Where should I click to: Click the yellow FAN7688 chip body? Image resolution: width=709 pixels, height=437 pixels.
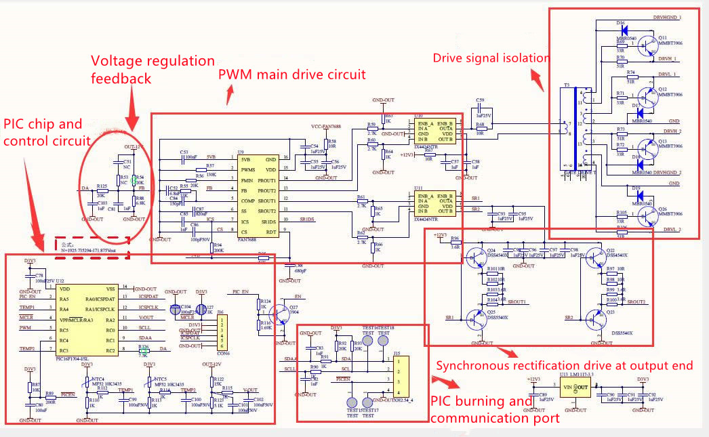[x=258, y=193]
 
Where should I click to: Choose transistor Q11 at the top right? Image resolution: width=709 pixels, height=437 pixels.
[x=643, y=42]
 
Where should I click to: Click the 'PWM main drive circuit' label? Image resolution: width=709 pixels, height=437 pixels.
[x=292, y=74]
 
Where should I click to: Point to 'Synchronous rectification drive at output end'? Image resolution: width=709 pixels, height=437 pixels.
[x=564, y=366]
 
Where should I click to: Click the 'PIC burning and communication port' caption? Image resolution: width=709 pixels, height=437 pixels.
[x=495, y=409]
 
